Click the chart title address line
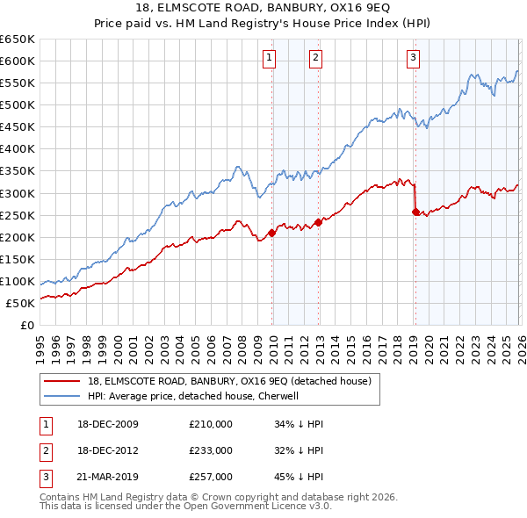263,8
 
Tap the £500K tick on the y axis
18,105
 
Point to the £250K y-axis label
18,215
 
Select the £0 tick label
25,325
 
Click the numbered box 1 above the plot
269,59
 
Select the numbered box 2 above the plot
315,59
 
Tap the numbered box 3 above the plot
413,59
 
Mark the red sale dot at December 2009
271,233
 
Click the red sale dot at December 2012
318,222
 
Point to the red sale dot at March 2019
415,212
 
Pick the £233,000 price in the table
211,450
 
